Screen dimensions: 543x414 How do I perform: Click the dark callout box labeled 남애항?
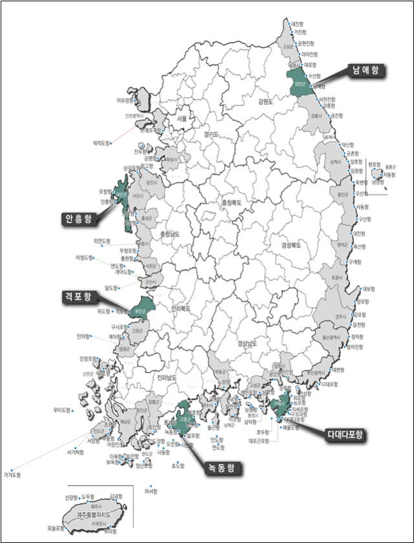[x=364, y=70]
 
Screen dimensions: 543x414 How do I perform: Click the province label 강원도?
[x=266, y=102]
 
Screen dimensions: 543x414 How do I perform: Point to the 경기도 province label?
[x=211, y=134]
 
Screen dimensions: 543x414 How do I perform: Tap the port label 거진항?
[x=300, y=31]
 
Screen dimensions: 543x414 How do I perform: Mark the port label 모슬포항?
[x=56, y=528]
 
